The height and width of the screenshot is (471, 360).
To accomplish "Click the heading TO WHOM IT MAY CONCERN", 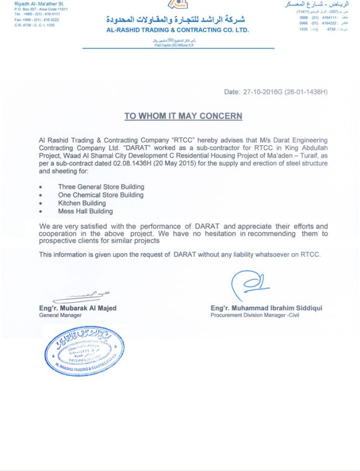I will click(183, 116).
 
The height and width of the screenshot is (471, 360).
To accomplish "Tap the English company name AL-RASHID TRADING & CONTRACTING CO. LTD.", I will click(178, 30).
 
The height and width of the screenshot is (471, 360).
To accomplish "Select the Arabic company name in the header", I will click(178, 19).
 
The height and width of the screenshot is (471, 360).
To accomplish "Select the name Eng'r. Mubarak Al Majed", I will click(78, 308).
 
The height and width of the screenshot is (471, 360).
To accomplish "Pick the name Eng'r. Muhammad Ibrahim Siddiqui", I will click(266, 308).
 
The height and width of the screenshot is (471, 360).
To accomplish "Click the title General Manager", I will click(60, 315).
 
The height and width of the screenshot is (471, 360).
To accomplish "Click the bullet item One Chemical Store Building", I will click(101, 195).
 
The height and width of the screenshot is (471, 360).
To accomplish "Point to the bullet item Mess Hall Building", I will click(85, 211).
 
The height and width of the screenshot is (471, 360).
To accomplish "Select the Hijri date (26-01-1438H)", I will click(306, 92).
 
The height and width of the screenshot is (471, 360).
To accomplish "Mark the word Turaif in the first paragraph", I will click(316, 156).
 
